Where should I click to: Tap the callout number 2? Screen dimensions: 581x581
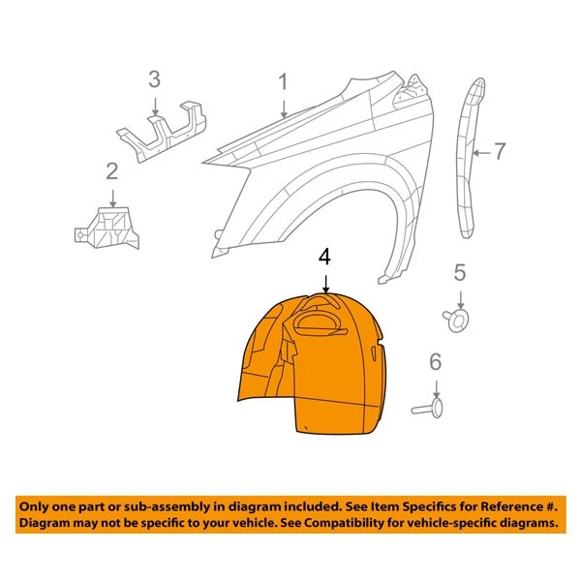coord(111,172)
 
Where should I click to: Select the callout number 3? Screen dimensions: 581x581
coord(154,79)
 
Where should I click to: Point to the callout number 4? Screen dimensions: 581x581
coord(325,257)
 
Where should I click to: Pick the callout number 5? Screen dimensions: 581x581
coord(460,272)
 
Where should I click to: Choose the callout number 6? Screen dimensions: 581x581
coord(435,362)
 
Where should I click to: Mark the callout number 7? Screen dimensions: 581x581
coord(500,150)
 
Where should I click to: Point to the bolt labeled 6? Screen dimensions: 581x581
coord(426,408)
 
